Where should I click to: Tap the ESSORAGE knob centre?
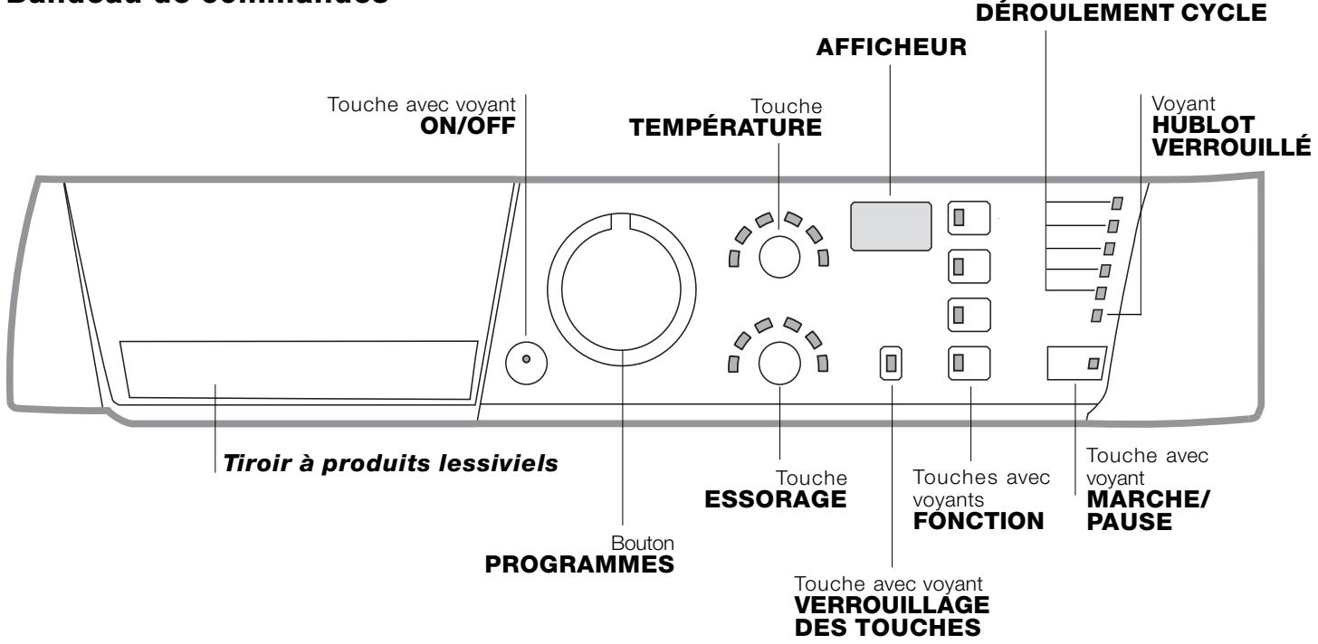pyautogui.click(x=778, y=362)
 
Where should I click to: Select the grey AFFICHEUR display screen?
pyautogui.click(x=891, y=225)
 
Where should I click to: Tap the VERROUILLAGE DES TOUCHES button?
pyautogui.click(x=892, y=363)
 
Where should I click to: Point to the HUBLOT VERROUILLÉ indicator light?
pyautogui.click(x=1097, y=315)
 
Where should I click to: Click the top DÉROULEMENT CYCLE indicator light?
pyautogui.click(x=1116, y=204)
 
